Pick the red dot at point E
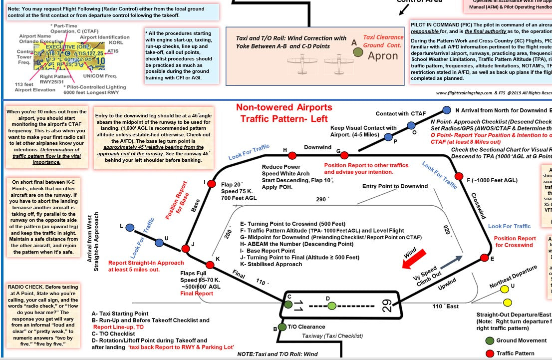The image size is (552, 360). (484, 258)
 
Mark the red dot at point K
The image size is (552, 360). (210, 265)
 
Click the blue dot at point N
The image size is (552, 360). (446, 110)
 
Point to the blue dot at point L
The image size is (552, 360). (130, 228)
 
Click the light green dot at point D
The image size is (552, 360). (332, 306)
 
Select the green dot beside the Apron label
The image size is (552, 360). (358, 51)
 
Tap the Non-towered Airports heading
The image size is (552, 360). (284, 107)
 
